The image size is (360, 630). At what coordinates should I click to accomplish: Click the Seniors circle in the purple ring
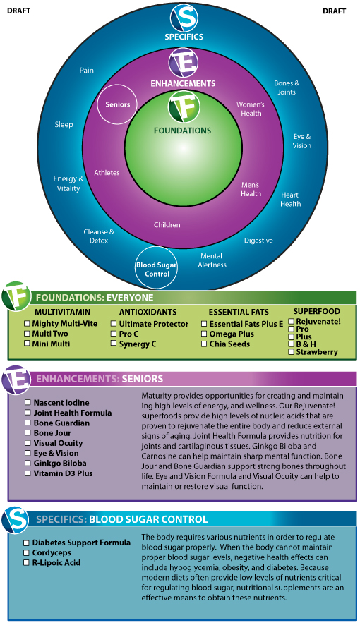coord(118,104)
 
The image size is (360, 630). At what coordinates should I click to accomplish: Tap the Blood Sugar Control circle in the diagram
coord(157,268)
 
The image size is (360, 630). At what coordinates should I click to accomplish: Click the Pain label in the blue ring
coord(87,71)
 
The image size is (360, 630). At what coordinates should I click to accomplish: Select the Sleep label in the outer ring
coord(64,125)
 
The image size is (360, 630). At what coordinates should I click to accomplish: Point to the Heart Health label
coord(290,199)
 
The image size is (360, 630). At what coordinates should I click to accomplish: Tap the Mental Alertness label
coord(212,260)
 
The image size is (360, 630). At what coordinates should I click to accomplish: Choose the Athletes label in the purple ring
coord(107,173)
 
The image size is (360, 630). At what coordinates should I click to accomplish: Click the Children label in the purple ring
coord(167,225)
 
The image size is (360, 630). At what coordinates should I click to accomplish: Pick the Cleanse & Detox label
coord(99,236)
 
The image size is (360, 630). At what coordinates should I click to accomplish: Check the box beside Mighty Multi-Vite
coord(27,323)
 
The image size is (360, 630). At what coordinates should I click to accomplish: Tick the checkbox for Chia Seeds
coord(204,344)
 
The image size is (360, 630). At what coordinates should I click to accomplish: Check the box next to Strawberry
coord(292,352)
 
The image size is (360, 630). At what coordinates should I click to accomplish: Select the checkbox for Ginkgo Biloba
coord(28,464)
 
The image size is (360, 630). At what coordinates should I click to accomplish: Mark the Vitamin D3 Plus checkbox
coord(28,473)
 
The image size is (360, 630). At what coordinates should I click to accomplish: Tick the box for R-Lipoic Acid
coord(26,563)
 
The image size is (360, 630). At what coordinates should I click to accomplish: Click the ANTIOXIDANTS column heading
coord(148,313)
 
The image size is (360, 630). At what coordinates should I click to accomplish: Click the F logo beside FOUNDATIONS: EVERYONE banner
coord(16,296)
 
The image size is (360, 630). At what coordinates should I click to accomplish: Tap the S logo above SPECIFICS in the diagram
coord(184,18)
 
